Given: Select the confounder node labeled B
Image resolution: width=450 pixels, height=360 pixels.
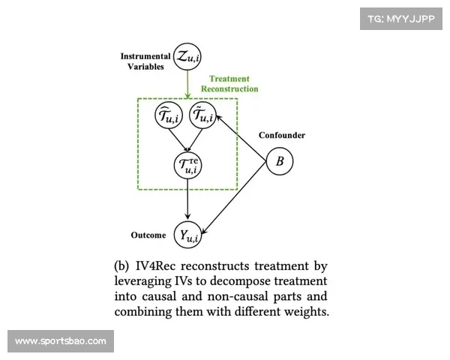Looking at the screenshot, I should pos(280,161).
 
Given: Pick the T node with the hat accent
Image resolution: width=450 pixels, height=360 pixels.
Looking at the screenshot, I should pos(169,116).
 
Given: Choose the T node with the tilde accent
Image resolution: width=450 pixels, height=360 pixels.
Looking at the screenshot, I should pos(204,116).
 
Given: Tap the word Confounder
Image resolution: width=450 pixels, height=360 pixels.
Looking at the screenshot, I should pos(282,135).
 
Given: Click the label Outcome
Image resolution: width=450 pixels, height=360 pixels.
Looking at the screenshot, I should pos(148,235).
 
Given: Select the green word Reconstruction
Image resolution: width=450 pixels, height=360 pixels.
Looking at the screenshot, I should pos(229,88).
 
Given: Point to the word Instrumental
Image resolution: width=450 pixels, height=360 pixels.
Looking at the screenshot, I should pos(145,55).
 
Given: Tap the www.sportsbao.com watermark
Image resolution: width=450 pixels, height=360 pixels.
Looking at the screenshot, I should pos(60,341).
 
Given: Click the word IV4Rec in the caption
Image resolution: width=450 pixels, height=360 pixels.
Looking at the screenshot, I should pos(158,266).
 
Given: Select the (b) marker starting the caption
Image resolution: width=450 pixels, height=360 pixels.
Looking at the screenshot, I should pos(122,266).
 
